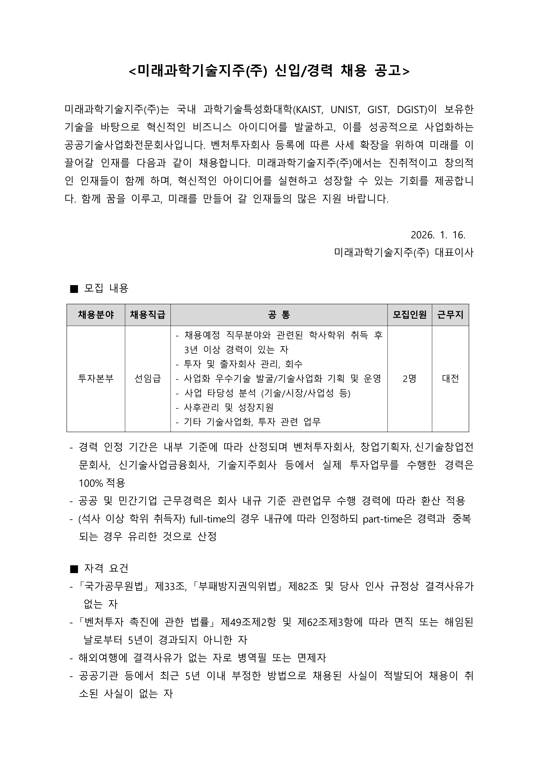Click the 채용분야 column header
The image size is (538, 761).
click(x=96, y=315)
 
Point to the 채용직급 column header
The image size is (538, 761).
click(x=147, y=315)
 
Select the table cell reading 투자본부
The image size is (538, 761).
click(x=96, y=379)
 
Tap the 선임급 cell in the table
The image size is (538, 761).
click(x=147, y=379)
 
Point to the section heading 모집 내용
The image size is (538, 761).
click(x=106, y=288)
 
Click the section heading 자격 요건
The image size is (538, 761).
click(x=106, y=568)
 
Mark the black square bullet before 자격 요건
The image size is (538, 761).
click(x=74, y=569)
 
